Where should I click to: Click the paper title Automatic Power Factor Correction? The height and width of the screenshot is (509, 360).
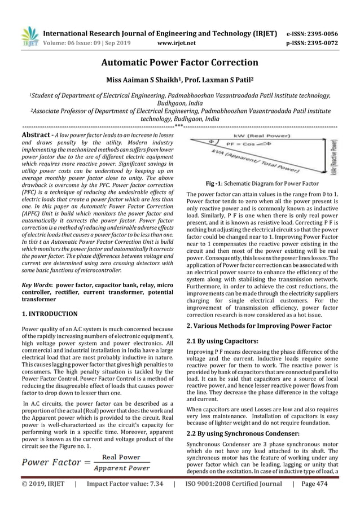[180, 63]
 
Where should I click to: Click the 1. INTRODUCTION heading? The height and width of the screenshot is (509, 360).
[49, 313]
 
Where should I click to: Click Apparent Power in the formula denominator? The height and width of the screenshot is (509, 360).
[121, 468]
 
